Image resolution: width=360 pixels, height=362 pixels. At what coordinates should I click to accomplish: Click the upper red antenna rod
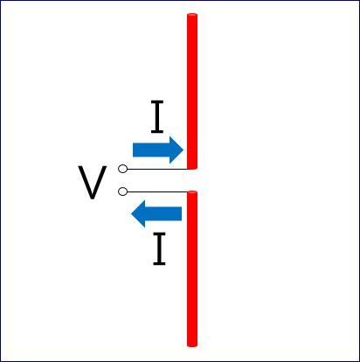(192, 91)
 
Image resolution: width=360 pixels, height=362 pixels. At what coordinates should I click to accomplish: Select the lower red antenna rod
(192, 268)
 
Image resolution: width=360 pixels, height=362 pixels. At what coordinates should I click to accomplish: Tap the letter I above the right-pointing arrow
(157, 116)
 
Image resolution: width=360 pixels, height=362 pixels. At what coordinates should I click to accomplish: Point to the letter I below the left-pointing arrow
(159, 248)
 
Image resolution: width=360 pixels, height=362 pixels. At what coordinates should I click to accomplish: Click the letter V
(93, 183)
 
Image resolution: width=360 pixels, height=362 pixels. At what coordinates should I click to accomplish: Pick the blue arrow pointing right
(158, 150)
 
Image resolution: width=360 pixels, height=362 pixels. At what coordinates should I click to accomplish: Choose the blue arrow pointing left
(156, 213)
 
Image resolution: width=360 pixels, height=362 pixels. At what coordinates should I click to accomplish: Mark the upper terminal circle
(122, 169)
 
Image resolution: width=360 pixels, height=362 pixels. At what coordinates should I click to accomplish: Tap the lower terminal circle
(122, 191)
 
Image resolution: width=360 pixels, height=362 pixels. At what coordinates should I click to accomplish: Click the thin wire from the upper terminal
(157, 169)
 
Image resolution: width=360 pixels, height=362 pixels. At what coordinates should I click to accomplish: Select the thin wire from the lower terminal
(157, 191)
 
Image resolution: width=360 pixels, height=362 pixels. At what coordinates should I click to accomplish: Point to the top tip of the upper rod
(192, 14)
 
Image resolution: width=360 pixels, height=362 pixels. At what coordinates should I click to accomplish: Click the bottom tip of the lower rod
(192, 346)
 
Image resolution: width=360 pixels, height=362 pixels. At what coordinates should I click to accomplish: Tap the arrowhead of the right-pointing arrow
(177, 150)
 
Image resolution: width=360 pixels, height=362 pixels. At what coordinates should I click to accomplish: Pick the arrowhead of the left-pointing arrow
(138, 213)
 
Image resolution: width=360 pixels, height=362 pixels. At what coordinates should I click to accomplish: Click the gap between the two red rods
(192, 180)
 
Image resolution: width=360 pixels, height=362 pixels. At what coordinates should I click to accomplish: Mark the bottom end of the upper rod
(192, 169)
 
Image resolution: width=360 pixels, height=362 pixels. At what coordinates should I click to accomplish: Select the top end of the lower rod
(192, 191)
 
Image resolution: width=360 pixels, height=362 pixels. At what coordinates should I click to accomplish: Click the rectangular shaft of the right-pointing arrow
(151, 150)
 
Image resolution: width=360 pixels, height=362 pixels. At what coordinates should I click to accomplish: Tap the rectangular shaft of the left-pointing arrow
(163, 213)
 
